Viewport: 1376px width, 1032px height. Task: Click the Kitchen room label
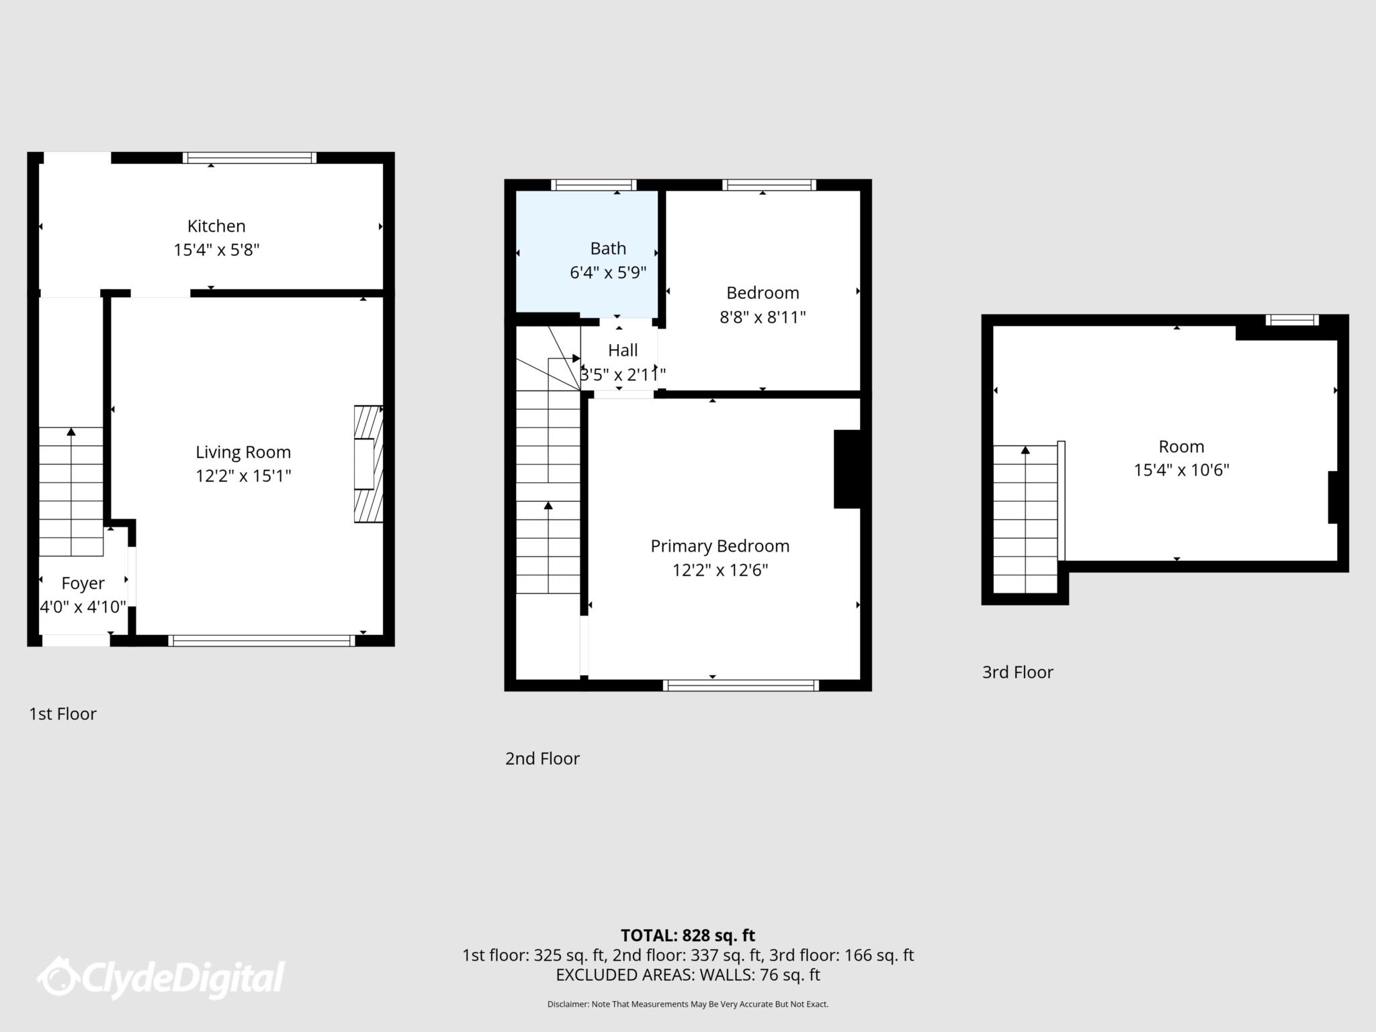(216, 226)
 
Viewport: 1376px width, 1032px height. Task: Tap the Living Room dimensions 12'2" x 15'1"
(243, 476)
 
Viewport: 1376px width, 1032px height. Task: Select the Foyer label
(83, 583)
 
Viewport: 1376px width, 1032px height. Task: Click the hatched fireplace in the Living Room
(368, 464)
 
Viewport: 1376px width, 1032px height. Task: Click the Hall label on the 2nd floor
(623, 350)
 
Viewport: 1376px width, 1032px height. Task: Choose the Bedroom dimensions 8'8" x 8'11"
(763, 317)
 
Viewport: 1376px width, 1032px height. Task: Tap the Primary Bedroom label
(720, 546)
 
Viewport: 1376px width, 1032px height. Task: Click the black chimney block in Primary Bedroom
(847, 469)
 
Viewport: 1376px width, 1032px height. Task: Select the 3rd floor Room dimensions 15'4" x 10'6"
(1181, 470)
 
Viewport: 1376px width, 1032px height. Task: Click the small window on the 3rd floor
(1292, 320)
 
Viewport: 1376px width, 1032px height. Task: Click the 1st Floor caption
(62, 714)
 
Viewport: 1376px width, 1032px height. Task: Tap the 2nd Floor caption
(542, 759)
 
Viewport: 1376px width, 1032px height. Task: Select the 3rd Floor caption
(1017, 673)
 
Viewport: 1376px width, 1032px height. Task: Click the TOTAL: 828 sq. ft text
(687, 935)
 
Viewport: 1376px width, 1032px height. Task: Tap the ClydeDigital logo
(161, 978)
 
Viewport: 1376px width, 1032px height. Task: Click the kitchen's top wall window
(249, 158)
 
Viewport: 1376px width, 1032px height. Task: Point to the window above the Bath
(593, 185)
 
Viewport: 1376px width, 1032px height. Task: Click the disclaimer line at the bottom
(687, 1004)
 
